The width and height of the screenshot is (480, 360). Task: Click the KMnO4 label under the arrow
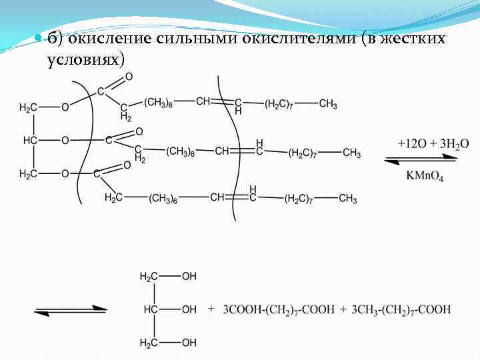tap(425, 177)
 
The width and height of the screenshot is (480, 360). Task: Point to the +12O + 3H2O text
tap(433, 143)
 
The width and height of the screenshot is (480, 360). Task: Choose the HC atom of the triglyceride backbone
tap(30, 141)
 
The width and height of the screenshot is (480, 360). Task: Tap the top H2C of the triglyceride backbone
tap(28, 107)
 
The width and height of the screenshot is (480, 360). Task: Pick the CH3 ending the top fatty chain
tap(328, 104)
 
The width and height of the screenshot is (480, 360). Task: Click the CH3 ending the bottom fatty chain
tap(347, 199)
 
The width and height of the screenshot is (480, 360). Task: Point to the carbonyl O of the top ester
tap(129, 77)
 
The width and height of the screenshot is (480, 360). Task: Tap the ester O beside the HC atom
tap(65, 141)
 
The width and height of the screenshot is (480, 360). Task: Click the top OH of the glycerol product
tap(189, 276)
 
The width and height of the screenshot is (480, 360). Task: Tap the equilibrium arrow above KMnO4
tap(421, 159)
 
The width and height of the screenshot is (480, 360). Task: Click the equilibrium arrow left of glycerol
tap(70, 310)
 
